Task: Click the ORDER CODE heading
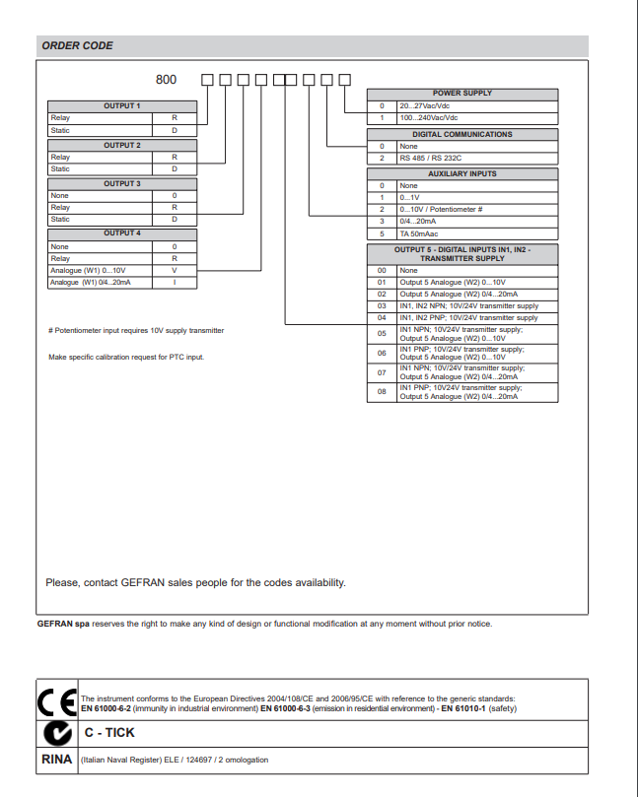tap(77, 45)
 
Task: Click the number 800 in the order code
tap(167, 80)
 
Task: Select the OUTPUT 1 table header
tap(122, 105)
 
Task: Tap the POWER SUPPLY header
tap(461, 93)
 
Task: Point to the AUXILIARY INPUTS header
tap(461, 173)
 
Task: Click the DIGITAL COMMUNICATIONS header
tap(461, 134)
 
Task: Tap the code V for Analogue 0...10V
tap(175, 270)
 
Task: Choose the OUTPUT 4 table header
tap(122, 232)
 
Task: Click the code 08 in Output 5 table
tap(382, 392)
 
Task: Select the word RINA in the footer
tap(56, 761)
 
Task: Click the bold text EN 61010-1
tap(461, 709)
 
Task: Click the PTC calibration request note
tap(126, 357)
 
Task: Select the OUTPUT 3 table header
tap(122, 183)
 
